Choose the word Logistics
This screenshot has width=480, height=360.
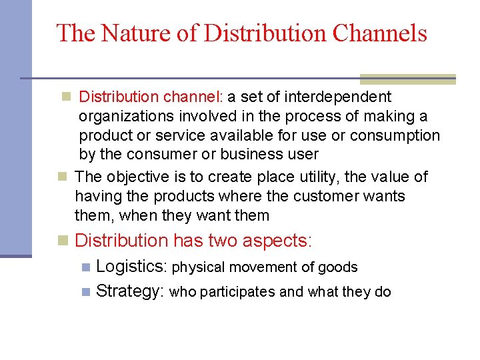[131, 267]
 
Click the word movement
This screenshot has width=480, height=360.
[264, 267]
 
